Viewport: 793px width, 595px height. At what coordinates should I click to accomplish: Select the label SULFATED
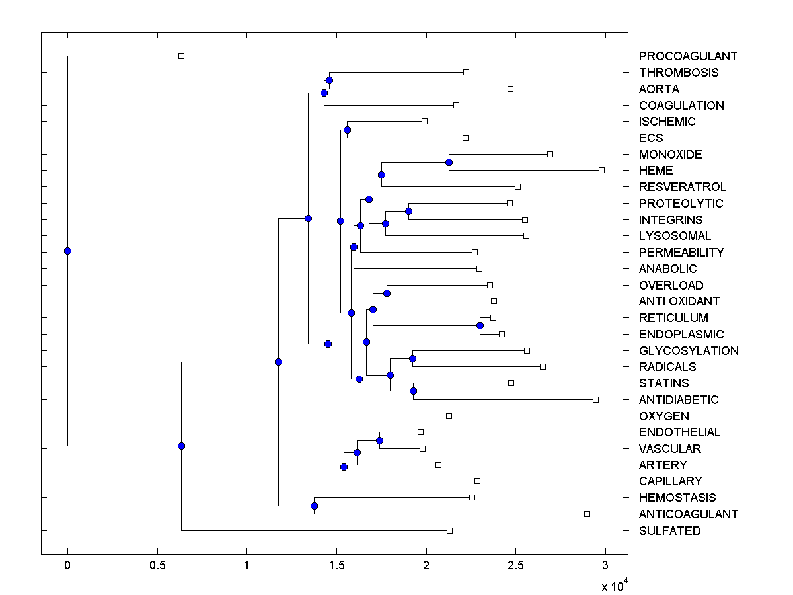(669, 531)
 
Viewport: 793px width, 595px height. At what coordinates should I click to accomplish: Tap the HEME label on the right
(656, 171)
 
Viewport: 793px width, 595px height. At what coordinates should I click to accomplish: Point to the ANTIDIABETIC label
(678, 400)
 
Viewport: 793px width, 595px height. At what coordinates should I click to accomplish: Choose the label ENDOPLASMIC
(681, 335)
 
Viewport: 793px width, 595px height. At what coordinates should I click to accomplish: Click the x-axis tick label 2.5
(515, 565)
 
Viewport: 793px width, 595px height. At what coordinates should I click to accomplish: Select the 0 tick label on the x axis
(67, 565)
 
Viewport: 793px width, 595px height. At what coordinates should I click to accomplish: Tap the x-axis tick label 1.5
(336, 565)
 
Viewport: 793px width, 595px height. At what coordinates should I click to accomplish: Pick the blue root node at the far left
(67, 251)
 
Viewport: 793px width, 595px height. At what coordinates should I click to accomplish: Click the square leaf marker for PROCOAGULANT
(182, 56)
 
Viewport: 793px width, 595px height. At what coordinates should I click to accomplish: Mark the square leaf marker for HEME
(601, 170)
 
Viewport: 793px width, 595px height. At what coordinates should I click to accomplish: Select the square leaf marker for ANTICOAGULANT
(587, 514)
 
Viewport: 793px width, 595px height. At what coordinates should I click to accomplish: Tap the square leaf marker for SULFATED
(449, 530)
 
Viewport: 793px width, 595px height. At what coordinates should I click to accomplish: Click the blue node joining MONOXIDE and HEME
(449, 162)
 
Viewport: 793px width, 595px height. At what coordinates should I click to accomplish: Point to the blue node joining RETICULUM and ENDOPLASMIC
(480, 325)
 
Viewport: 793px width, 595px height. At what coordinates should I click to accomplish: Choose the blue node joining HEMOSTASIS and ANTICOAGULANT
(314, 506)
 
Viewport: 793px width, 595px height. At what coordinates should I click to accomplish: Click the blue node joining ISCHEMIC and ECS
(347, 130)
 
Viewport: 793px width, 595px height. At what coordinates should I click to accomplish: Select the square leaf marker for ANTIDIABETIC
(595, 399)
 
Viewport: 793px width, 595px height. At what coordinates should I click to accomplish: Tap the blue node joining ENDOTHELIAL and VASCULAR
(379, 440)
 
